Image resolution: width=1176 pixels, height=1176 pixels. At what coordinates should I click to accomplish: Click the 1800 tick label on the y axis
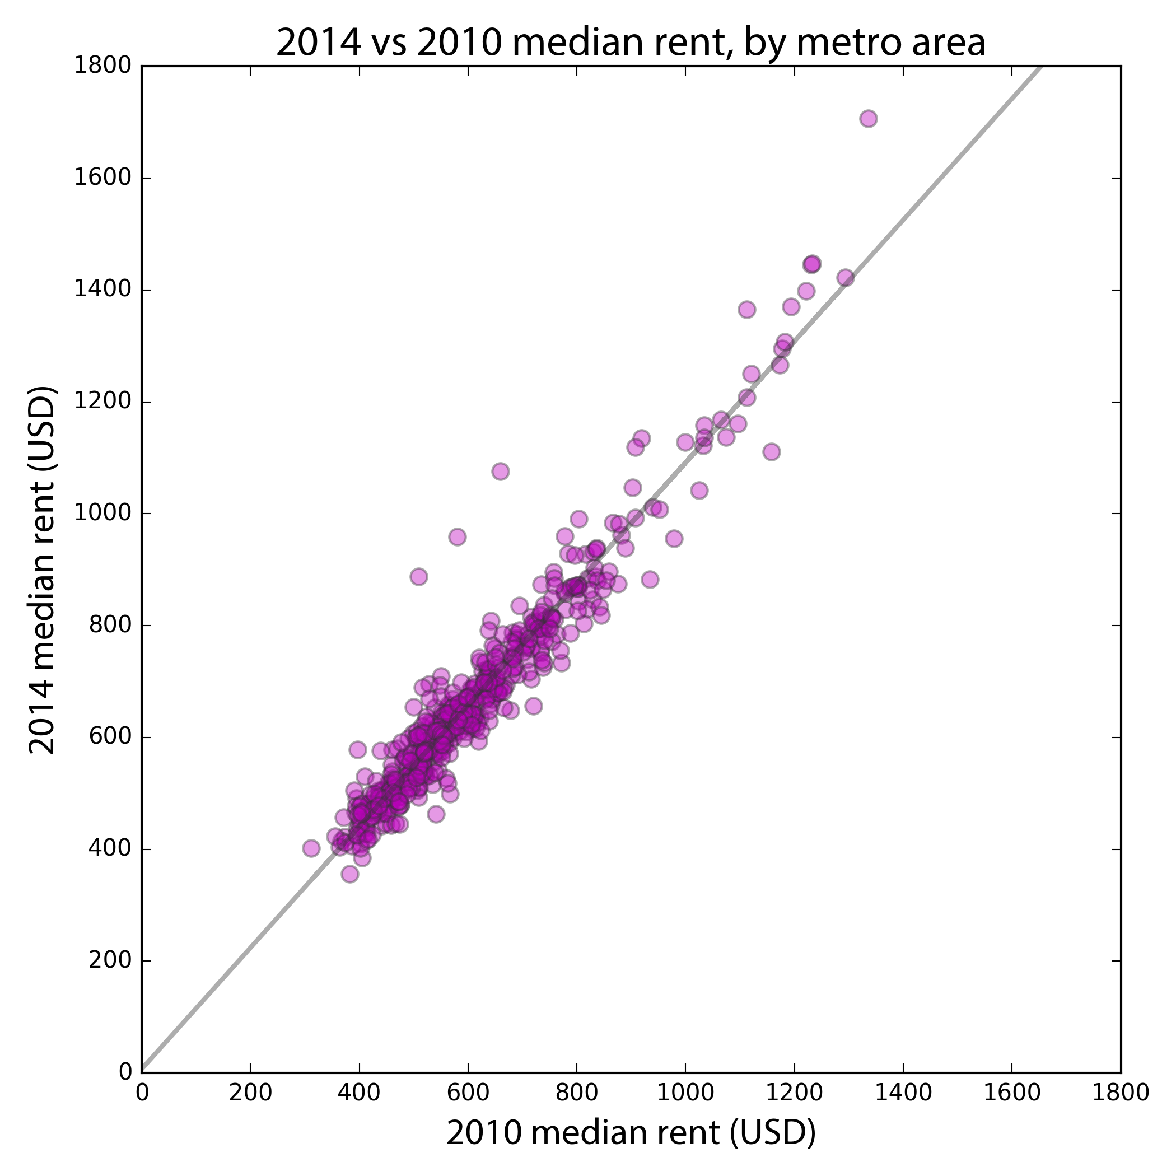(103, 66)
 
